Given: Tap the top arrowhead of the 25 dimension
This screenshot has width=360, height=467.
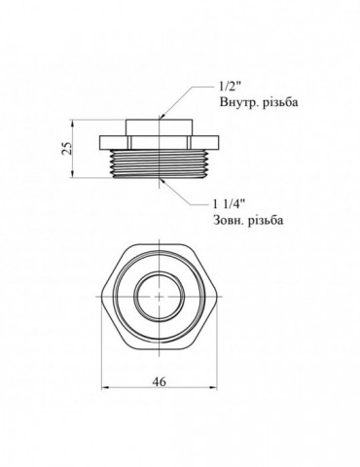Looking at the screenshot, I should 77,122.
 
